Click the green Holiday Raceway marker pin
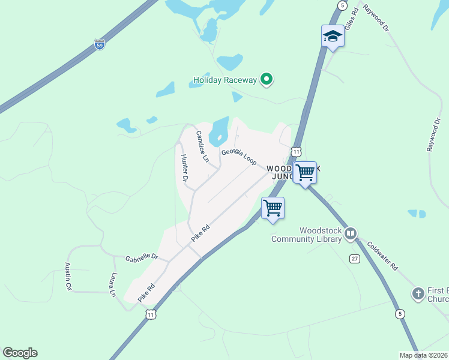[267, 79]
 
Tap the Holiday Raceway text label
[225, 80]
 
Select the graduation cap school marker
[332, 37]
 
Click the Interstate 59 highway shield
[100, 44]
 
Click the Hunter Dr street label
[185, 168]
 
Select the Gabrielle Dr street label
[142, 258]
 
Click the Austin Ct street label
[68, 277]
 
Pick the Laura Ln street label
[112, 285]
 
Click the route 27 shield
[355, 257]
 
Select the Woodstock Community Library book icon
[351, 233]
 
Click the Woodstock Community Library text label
[306, 235]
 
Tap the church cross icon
[418, 294]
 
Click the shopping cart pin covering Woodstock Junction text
[306, 173]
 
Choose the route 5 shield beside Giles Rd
[342, 5]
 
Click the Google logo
[20, 353]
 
